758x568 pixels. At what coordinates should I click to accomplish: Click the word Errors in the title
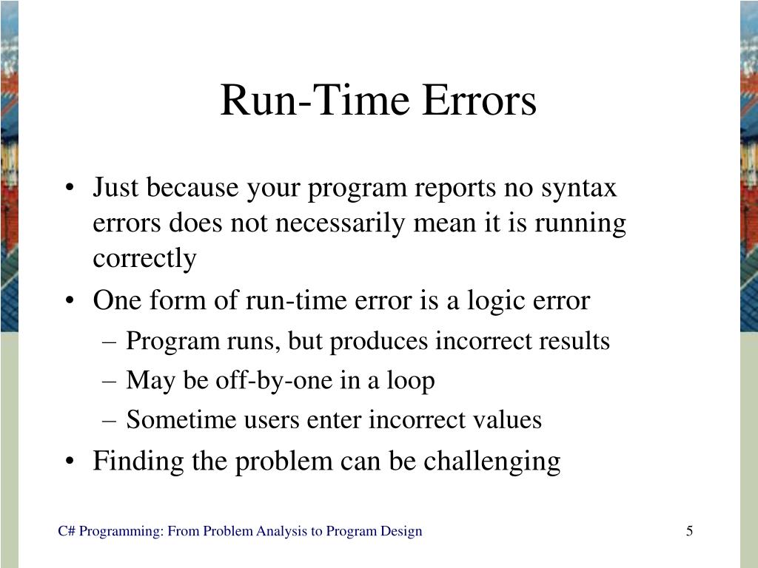pos(480,101)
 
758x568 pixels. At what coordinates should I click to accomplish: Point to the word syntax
pos(580,189)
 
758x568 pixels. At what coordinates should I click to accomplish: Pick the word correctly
pos(144,259)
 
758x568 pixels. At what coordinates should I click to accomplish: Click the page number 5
pos(689,531)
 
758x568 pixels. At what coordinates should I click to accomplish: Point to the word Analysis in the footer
pos(280,531)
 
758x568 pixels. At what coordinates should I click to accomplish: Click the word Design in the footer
pos(403,531)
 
